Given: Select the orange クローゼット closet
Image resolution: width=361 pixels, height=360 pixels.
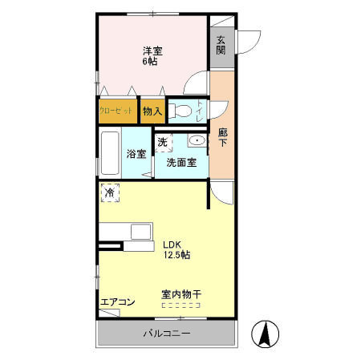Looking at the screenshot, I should click(x=116, y=111).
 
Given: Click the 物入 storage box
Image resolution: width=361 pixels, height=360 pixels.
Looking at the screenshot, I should click(x=152, y=111).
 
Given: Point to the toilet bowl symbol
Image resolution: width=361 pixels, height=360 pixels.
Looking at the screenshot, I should click(x=180, y=111).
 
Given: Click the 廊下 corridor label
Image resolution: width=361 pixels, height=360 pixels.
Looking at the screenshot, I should click(x=223, y=138).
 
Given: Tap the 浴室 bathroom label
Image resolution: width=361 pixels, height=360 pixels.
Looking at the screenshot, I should click(x=136, y=154).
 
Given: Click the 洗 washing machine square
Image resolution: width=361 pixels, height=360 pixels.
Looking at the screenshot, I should click(x=163, y=143).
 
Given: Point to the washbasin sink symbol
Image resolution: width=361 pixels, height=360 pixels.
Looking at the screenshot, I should click(x=196, y=142).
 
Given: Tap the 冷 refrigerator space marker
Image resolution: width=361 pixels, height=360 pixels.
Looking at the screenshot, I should click(x=110, y=192).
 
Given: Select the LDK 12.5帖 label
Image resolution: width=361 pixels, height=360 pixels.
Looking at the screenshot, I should click(x=176, y=250).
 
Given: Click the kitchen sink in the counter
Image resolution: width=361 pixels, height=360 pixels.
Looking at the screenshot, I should click(x=140, y=233).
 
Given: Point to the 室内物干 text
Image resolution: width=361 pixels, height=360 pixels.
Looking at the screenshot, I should click(x=181, y=295).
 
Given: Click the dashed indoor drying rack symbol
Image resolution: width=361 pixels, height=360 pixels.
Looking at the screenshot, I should click(x=181, y=305).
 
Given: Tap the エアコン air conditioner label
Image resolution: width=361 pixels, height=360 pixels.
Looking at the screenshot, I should click(x=117, y=302).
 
